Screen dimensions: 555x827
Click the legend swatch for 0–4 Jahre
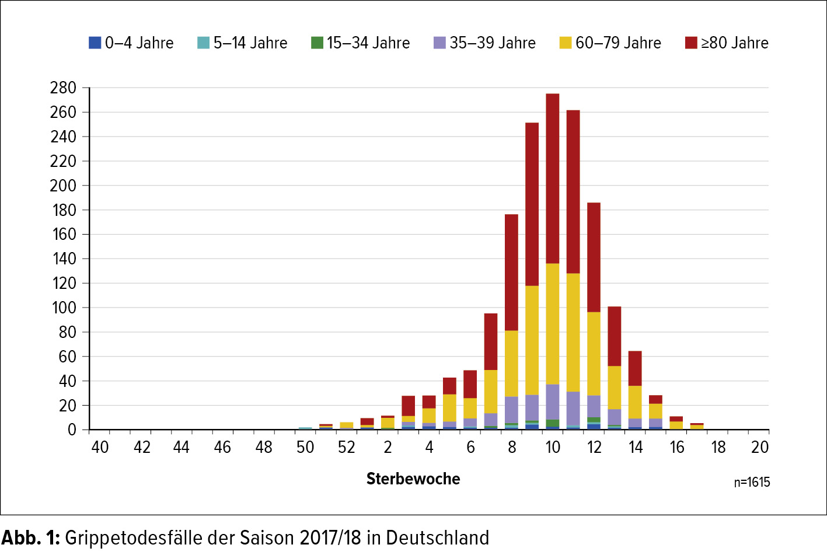point(95,43)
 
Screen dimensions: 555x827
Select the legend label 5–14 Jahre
point(250,43)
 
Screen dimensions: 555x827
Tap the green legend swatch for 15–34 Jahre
point(317,43)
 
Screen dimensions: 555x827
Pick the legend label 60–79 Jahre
point(618,43)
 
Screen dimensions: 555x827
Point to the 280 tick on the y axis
point(63,88)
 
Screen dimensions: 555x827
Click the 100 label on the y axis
point(64,308)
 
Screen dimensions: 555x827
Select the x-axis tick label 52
point(347,447)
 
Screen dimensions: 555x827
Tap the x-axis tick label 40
point(100,447)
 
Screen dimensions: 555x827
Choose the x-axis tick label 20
point(759,447)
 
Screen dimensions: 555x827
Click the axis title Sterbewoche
point(413,479)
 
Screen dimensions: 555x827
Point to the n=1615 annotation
point(752,482)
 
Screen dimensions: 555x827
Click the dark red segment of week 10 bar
point(552,178)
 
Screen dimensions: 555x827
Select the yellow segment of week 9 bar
point(532,340)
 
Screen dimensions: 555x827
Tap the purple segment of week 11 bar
point(573,409)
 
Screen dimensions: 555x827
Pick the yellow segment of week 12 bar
point(594,354)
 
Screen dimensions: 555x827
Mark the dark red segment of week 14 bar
point(635,368)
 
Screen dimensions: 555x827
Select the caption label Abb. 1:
point(31,537)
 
